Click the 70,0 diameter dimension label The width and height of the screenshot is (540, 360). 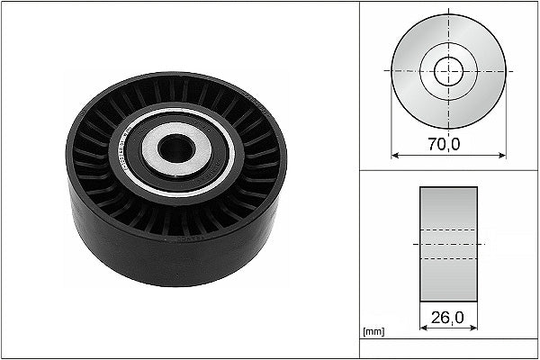click(444, 144)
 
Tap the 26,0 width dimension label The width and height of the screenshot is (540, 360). click(447, 318)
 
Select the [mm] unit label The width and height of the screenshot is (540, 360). click(373, 332)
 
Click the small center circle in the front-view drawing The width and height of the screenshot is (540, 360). click(448, 71)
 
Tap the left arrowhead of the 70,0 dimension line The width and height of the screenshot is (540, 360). click(395, 156)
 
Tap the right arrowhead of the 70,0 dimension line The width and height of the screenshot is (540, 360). click(502, 156)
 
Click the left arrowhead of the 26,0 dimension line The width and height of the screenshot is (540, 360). click(424, 328)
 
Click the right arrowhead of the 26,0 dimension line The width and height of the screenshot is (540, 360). click(473, 328)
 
